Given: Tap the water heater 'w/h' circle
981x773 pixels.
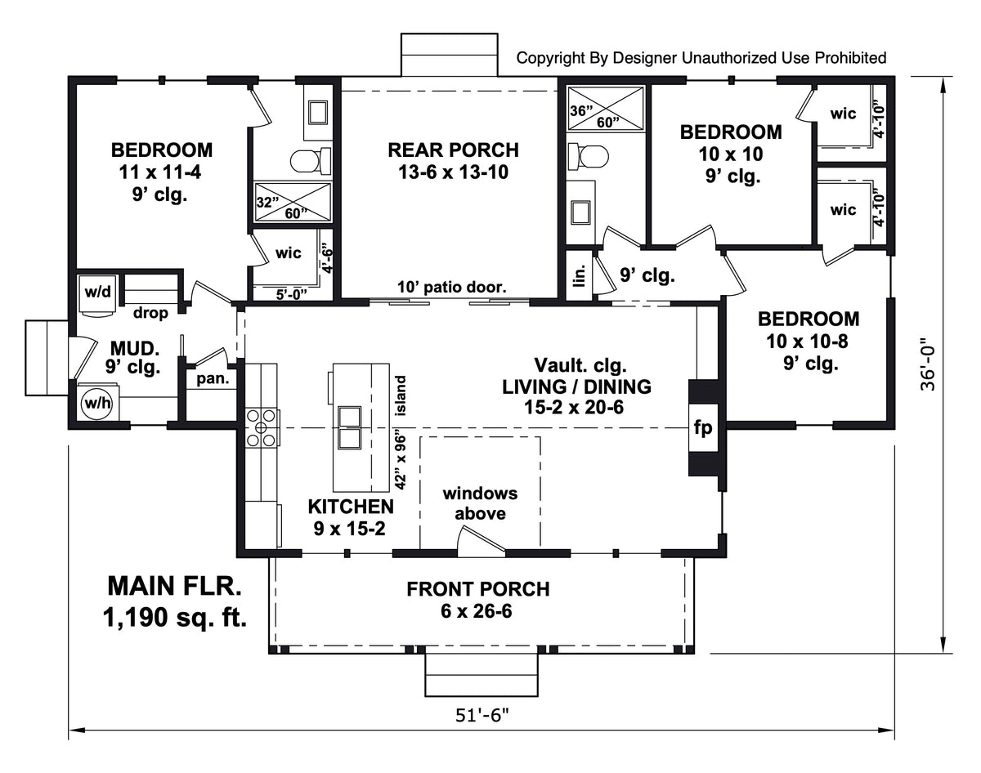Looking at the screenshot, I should click(98, 403).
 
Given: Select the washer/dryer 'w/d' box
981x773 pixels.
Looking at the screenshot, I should click(99, 291).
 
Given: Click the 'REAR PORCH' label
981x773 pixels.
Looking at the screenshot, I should click(453, 150).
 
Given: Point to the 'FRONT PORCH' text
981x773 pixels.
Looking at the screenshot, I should click(478, 588).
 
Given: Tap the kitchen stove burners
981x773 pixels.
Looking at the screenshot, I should click(262, 427).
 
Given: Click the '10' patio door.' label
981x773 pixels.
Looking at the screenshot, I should click(452, 287).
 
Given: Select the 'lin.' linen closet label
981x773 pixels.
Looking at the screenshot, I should click(580, 277).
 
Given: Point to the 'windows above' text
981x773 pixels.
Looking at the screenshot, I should click(480, 503).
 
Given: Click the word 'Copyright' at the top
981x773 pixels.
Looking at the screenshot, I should click(550, 57).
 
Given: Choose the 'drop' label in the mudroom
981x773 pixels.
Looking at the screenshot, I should click(150, 314).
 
